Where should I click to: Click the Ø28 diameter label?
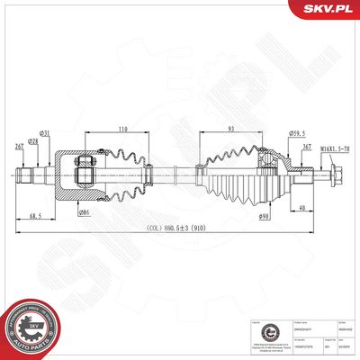[34, 142]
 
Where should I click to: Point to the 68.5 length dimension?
[37, 217]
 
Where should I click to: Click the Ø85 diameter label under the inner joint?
[84, 212]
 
